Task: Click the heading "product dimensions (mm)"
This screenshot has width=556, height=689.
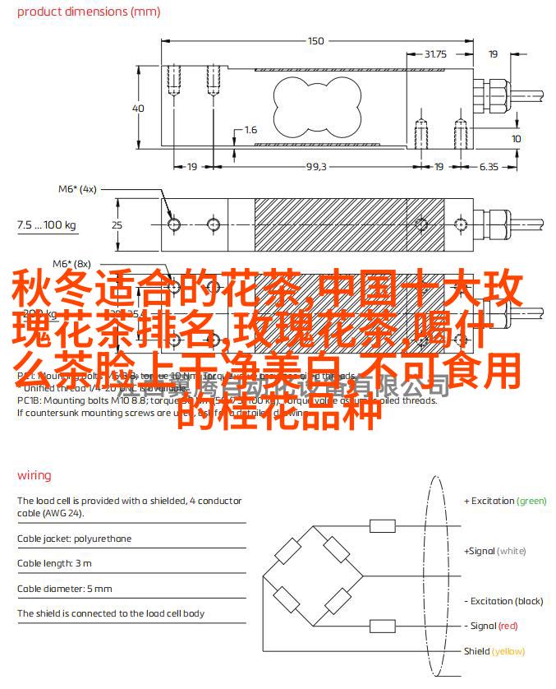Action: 88,12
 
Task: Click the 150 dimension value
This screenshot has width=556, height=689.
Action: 316,41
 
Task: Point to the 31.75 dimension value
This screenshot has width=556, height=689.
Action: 435,54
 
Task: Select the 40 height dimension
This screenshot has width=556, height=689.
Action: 138,109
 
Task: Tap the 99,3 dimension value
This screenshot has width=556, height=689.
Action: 316,167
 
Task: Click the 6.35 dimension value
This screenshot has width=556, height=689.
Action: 489,167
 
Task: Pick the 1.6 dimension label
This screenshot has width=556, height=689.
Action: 250,130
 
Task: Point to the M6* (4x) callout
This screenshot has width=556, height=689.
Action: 76,189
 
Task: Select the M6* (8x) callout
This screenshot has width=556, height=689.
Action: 71,264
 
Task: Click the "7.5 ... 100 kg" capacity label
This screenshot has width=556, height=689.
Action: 46,224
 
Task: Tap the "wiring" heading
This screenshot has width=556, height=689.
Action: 34,475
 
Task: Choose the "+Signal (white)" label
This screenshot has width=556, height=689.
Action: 495,551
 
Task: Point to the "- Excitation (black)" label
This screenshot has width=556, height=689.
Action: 504,601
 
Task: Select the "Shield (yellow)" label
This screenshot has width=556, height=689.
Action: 494,651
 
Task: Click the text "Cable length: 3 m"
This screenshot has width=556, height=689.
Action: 54,564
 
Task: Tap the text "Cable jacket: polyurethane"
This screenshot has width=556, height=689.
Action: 74,539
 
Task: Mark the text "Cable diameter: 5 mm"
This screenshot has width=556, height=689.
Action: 64,589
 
